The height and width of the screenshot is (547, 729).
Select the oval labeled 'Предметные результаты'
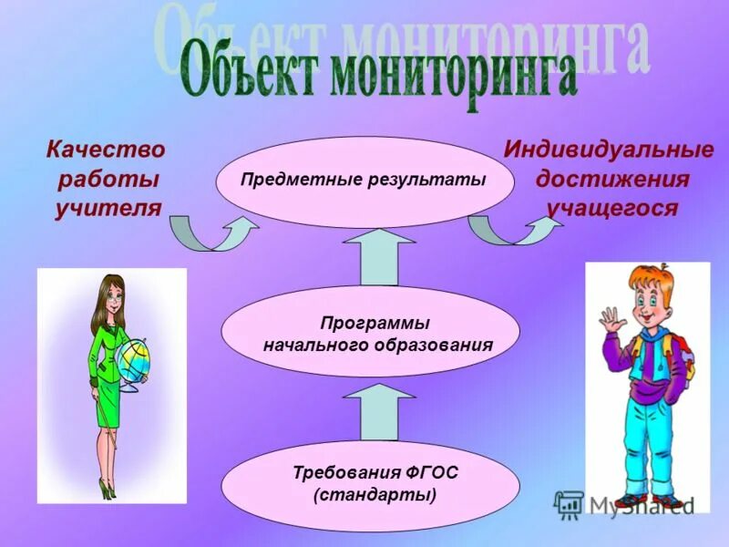pyautogui.click(x=364, y=180)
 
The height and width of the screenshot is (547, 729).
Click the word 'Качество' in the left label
pyautogui.click(x=106, y=149)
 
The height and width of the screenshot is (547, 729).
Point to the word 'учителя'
pyautogui.click(x=108, y=208)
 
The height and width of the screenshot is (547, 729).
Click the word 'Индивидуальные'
pyautogui.click(x=610, y=149)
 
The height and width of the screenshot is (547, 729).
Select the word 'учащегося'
pyautogui.click(x=612, y=209)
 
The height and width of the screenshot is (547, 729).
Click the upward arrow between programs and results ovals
pyautogui.click(x=378, y=257)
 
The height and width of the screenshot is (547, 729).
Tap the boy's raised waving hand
pyautogui.click(x=610, y=319)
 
